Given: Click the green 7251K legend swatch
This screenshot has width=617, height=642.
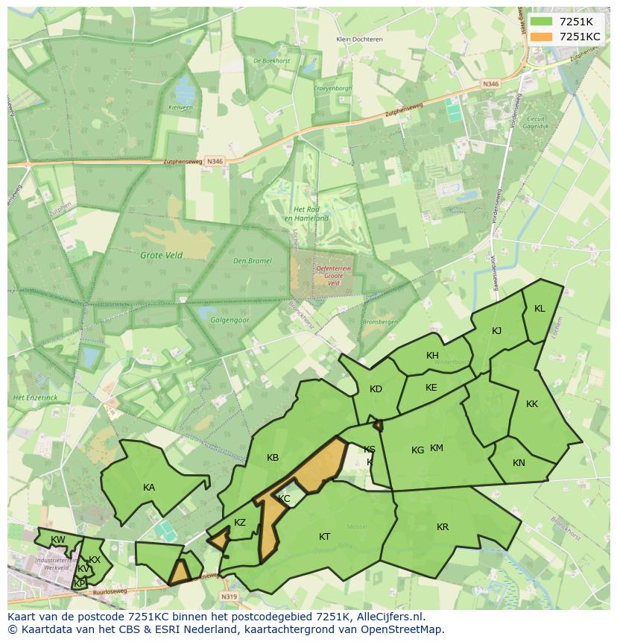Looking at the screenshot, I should (542, 22).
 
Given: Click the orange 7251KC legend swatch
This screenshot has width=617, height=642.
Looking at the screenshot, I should (542, 37).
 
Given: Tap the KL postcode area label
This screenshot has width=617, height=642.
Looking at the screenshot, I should (540, 309).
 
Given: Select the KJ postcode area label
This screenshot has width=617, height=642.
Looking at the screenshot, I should (497, 331).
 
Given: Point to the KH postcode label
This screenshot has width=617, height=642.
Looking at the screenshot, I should (432, 356).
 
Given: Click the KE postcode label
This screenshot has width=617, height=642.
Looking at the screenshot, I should (431, 388).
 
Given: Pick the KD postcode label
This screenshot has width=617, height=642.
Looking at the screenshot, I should (376, 389).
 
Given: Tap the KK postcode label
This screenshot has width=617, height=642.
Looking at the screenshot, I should (532, 404).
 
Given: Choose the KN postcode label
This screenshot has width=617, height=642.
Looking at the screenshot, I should (519, 463).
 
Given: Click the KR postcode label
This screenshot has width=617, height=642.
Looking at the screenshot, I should (443, 527).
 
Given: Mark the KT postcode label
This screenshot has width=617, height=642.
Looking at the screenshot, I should (325, 537).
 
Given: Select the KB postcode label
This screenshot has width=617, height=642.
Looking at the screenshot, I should (273, 458).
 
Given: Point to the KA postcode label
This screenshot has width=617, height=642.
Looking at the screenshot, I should (149, 488).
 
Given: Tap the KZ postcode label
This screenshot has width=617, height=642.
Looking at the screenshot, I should (240, 523).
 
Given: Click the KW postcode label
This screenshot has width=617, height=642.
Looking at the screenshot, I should (57, 540).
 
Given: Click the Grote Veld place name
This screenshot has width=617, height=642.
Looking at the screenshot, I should (162, 255).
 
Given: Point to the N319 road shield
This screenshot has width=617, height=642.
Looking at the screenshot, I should (229, 597).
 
